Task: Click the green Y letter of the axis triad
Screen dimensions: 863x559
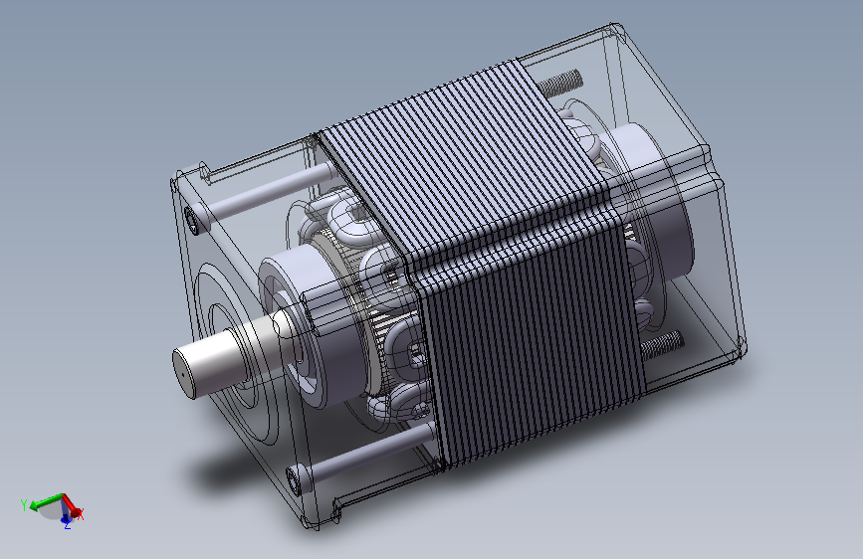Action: [x=24, y=504]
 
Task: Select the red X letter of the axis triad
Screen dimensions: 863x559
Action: [x=81, y=515]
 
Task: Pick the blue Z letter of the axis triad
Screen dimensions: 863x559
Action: [x=67, y=525]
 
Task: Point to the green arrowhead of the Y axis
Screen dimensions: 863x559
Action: [x=35, y=505]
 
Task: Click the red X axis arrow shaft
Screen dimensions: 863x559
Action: [x=69, y=502]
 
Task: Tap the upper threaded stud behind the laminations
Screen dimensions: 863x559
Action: [x=559, y=83]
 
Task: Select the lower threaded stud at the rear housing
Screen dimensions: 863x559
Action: [x=662, y=344]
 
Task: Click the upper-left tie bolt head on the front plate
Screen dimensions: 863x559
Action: [x=194, y=221]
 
